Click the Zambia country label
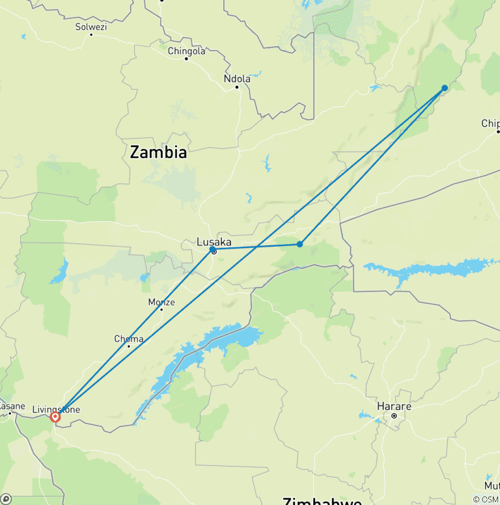click(158, 152)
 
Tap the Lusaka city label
click(214, 242)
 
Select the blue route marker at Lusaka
click(213, 249)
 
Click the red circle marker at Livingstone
click(55, 416)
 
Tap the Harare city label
click(394, 406)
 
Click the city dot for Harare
click(394, 415)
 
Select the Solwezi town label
click(90, 27)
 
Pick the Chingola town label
click(186, 51)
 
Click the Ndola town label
click(237, 79)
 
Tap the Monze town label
click(161, 302)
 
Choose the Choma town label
click(128, 338)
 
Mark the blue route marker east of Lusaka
click(299, 244)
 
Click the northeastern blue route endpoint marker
click(445, 88)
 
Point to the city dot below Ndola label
click(237, 87)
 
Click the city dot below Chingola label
click(186, 59)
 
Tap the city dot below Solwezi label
click(90, 34)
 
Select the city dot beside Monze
click(161, 309)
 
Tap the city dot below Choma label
click(128, 346)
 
